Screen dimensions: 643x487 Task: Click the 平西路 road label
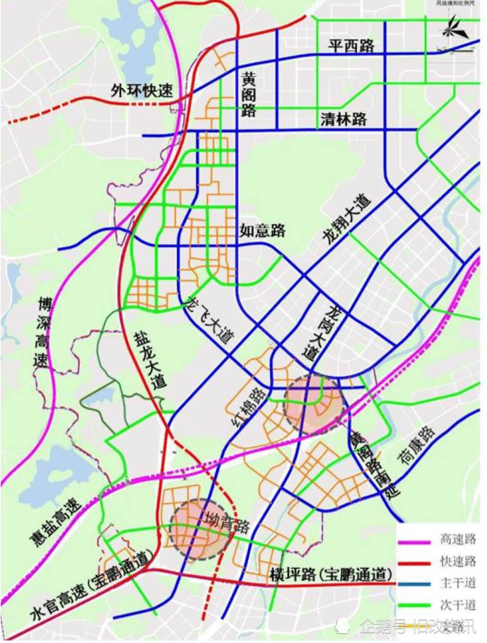click(x=351, y=45)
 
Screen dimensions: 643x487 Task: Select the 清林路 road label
click(x=344, y=119)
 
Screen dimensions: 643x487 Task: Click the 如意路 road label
click(x=262, y=230)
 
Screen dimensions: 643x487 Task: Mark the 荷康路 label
click(x=416, y=445)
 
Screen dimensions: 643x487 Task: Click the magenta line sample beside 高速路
click(x=414, y=540)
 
